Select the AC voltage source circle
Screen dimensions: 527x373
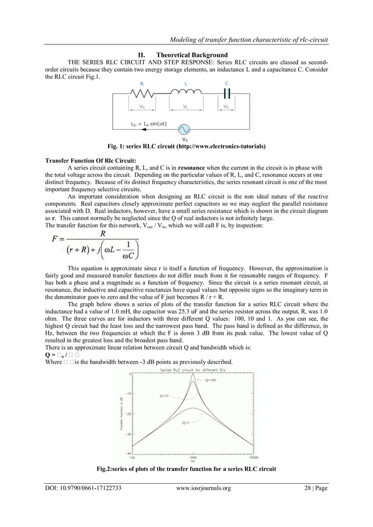pos(186,129)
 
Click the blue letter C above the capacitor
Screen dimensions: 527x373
pos(227,83)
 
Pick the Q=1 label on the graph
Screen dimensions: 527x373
pos(185,422)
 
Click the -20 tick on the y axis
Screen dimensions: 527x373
pos(127,413)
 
